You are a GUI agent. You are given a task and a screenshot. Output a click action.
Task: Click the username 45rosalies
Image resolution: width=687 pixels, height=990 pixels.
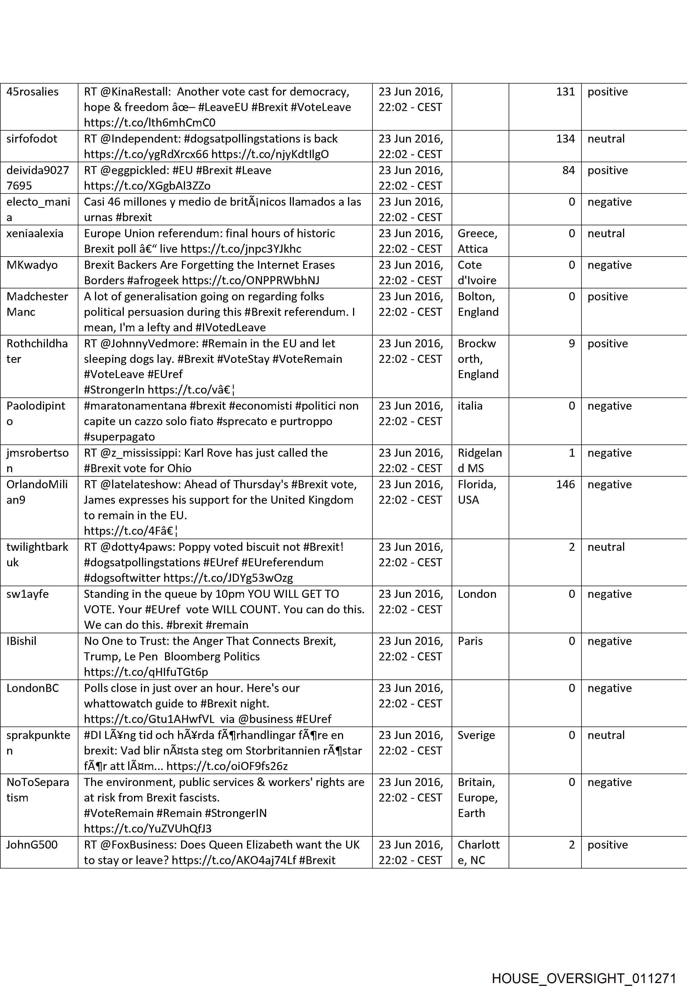[x=32, y=92]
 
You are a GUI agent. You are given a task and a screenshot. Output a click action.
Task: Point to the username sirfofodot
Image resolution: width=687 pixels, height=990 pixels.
[x=32, y=139]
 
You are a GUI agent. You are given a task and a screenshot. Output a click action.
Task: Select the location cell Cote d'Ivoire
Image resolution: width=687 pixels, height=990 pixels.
[x=477, y=272]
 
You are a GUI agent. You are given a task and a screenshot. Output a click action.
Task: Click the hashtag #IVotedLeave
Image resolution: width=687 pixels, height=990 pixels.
[x=230, y=327]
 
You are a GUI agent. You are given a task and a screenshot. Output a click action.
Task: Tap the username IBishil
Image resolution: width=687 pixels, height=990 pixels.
[x=22, y=641]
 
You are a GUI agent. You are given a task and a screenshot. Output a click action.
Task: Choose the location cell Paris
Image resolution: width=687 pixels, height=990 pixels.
[x=470, y=641]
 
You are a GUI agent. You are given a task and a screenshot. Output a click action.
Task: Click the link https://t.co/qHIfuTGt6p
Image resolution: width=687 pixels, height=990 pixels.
[x=146, y=672]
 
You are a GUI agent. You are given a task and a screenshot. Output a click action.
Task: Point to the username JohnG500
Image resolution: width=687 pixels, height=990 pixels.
[x=32, y=845]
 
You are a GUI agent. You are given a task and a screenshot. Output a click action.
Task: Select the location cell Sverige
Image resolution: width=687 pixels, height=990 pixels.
[x=476, y=735]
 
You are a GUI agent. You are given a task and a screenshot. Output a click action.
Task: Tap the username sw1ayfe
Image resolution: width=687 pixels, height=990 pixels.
[x=27, y=594]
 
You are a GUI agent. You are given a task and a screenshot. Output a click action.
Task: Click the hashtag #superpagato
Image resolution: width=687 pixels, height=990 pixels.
[x=119, y=437]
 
